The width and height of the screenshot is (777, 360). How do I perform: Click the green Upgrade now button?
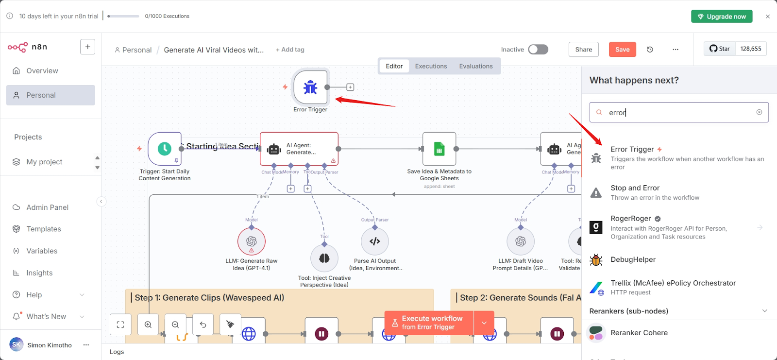tap(722, 17)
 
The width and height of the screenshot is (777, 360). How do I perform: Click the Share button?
tap(583, 50)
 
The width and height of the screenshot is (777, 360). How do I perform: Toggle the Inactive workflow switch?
tap(538, 50)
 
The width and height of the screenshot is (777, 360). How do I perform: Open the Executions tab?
tap(431, 66)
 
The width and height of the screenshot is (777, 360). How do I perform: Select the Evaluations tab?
tap(475, 66)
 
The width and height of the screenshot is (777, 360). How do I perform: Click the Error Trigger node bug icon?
tap(310, 87)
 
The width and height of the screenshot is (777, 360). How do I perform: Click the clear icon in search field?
tap(759, 112)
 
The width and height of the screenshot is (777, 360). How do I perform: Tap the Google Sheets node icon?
tap(439, 149)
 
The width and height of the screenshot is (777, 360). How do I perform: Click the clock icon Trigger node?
tap(165, 149)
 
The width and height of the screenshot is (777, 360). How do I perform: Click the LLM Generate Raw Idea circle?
tap(251, 241)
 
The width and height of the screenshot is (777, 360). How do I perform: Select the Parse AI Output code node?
tap(374, 241)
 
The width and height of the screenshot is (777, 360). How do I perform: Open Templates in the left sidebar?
tap(44, 229)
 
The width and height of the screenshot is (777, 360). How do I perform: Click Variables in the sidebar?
tap(42, 251)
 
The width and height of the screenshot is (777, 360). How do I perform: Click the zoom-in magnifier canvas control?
tap(148, 325)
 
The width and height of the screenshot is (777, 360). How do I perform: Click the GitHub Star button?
tap(719, 49)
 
